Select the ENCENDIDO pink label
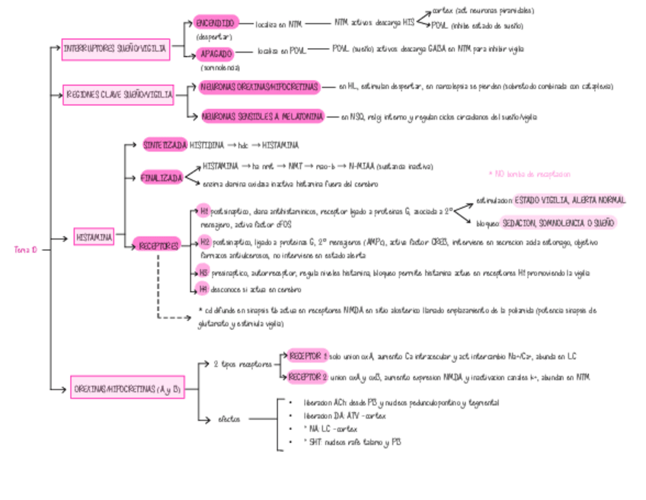click(x=215, y=24)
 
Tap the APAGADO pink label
click(x=216, y=54)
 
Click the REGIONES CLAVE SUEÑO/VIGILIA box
click(x=120, y=95)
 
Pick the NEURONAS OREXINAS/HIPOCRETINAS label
click(x=258, y=88)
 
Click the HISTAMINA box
click(x=94, y=237)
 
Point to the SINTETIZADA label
click(x=165, y=144)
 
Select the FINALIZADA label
click(x=162, y=178)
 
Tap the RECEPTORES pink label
click(x=158, y=245)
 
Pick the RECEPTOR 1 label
click(x=309, y=356)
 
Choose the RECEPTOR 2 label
click(x=309, y=377)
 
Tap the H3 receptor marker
click(x=203, y=273)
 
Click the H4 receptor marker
click(x=203, y=288)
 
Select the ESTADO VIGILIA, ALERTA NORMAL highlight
click(x=569, y=200)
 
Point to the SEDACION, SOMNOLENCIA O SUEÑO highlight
click(x=559, y=223)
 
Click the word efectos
click(x=229, y=418)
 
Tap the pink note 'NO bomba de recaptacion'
click(x=529, y=175)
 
